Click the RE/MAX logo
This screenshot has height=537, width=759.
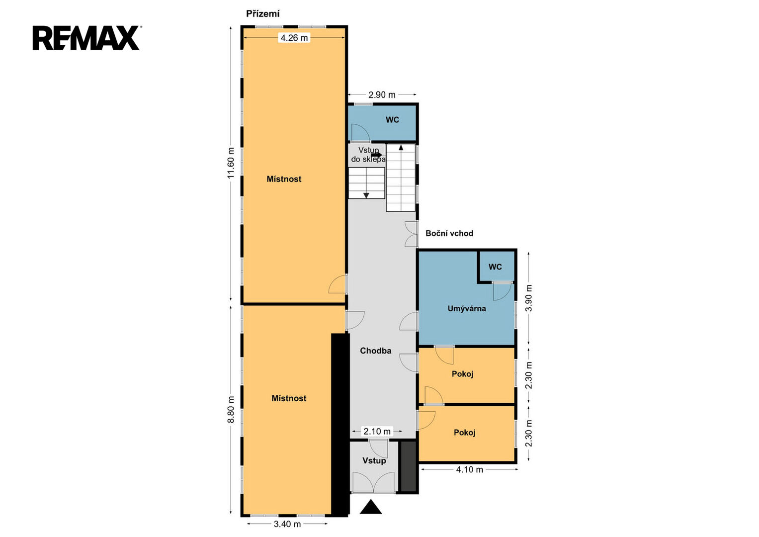click(x=87, y=38)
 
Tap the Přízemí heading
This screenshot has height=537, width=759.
click(x=262, y=14)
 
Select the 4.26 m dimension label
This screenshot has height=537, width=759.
click(x=294, y=38)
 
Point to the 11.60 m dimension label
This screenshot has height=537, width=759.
click(x=231, y=163)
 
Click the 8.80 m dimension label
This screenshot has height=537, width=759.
click(x=231, y=410)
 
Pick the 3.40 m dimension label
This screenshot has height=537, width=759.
click(x=287, y=524)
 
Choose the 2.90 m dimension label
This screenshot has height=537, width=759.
click(x=382, y=94)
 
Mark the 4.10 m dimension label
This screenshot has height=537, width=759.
click(x=469, y=469)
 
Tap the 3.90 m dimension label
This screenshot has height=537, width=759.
click(x=528, y=298)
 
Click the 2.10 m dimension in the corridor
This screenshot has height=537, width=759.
click(x=377, y=431)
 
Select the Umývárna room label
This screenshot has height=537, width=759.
click(x=467, y=308)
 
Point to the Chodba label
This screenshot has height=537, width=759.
click(x=375, y=351)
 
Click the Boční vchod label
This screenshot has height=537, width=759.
click(x=449, y=233)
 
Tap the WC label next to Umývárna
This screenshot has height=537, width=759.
click(x=495, y=267)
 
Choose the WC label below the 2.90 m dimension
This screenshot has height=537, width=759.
click(x=392, y=120)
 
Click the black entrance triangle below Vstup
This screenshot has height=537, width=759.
click(x=371, y=507)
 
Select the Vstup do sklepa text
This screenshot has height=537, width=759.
click(x=368, y=155)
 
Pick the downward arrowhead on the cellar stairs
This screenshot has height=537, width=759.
click(x=366, y=195)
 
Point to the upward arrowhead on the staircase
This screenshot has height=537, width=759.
click(x=401, y=148)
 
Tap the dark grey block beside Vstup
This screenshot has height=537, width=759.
click(x=409, y=466)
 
